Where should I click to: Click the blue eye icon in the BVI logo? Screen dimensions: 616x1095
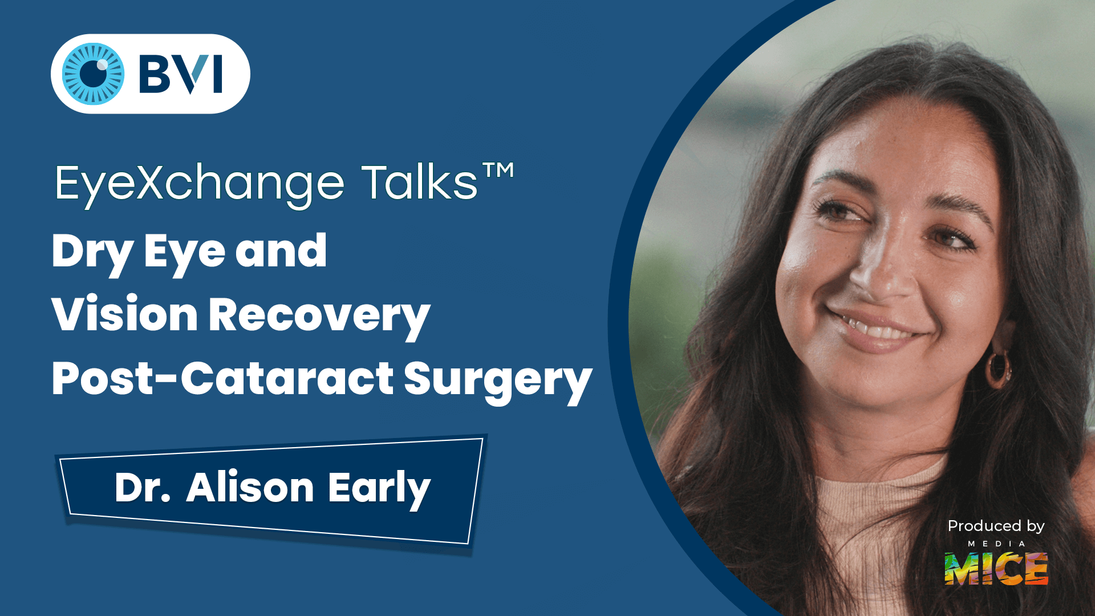pos(93,74)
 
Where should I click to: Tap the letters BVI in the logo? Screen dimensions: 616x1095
pos(181,74)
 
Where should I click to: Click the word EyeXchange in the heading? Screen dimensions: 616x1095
pos(200,184)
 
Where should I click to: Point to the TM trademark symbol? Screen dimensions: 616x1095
pos(498,170)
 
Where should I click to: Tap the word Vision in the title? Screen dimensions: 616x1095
pos(125,315)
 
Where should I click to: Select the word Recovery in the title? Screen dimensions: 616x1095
pos(319,316)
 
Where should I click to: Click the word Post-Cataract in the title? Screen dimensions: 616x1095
pos(222,379)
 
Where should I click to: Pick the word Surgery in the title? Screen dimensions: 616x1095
pos(498,380)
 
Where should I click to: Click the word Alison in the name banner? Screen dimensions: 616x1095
pos(250,488)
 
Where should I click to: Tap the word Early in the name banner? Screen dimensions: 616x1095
pos(379,489)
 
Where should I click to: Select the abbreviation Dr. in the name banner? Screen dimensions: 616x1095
pos(143,488)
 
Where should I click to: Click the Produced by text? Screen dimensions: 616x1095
pos(996,526)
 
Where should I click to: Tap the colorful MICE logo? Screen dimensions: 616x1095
pos(996,569)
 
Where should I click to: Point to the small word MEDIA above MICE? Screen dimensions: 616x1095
pos(996,544)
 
